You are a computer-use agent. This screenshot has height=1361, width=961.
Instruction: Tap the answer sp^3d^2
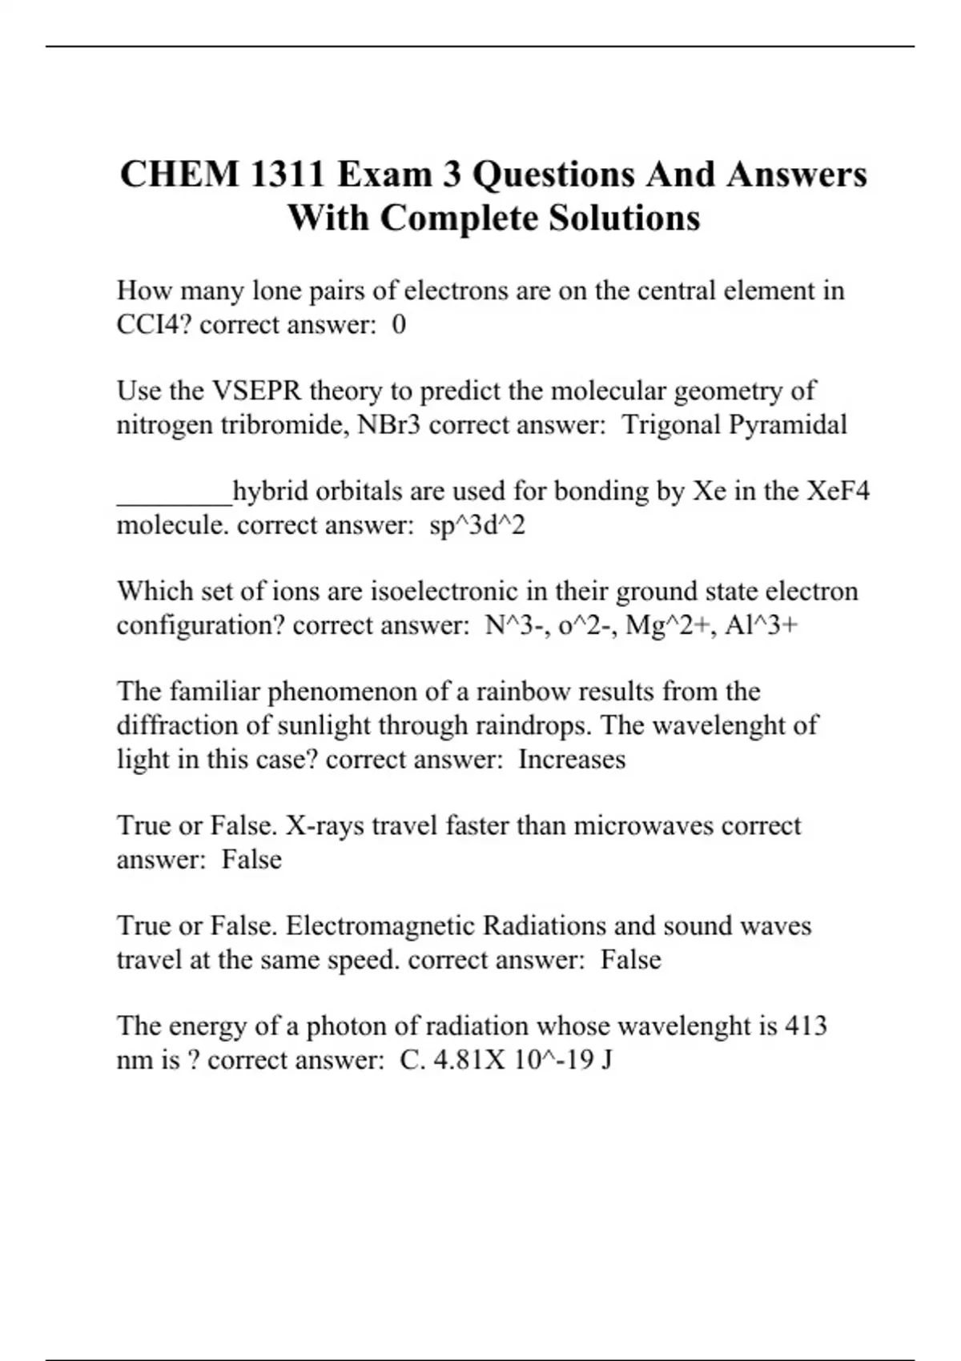coord(477,525)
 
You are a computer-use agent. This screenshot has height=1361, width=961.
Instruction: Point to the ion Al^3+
coord(761,624)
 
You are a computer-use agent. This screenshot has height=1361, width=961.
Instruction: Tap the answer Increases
coord(572,759)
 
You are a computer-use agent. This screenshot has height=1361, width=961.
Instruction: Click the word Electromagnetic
coord(380,925)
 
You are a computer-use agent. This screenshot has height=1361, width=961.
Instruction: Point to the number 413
coord(806,1026)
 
